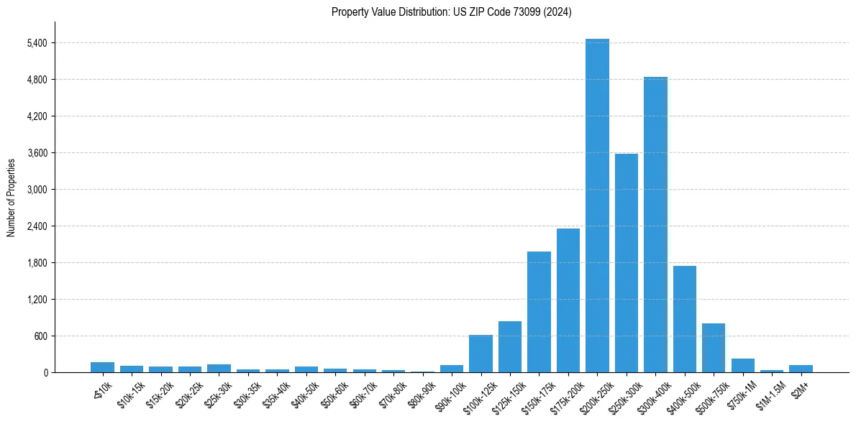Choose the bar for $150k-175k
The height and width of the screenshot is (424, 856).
(539, 312)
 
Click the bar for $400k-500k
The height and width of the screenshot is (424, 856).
(684, 319)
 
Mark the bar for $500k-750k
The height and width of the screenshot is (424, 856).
(714, 348)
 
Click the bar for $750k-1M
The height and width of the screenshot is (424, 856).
(742, 365)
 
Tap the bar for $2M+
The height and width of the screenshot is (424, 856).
(801, 369)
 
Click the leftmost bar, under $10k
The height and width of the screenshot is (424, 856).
(102, 367)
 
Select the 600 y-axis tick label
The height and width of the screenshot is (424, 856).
(40, 336)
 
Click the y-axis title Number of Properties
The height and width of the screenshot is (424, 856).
(11, 198)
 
